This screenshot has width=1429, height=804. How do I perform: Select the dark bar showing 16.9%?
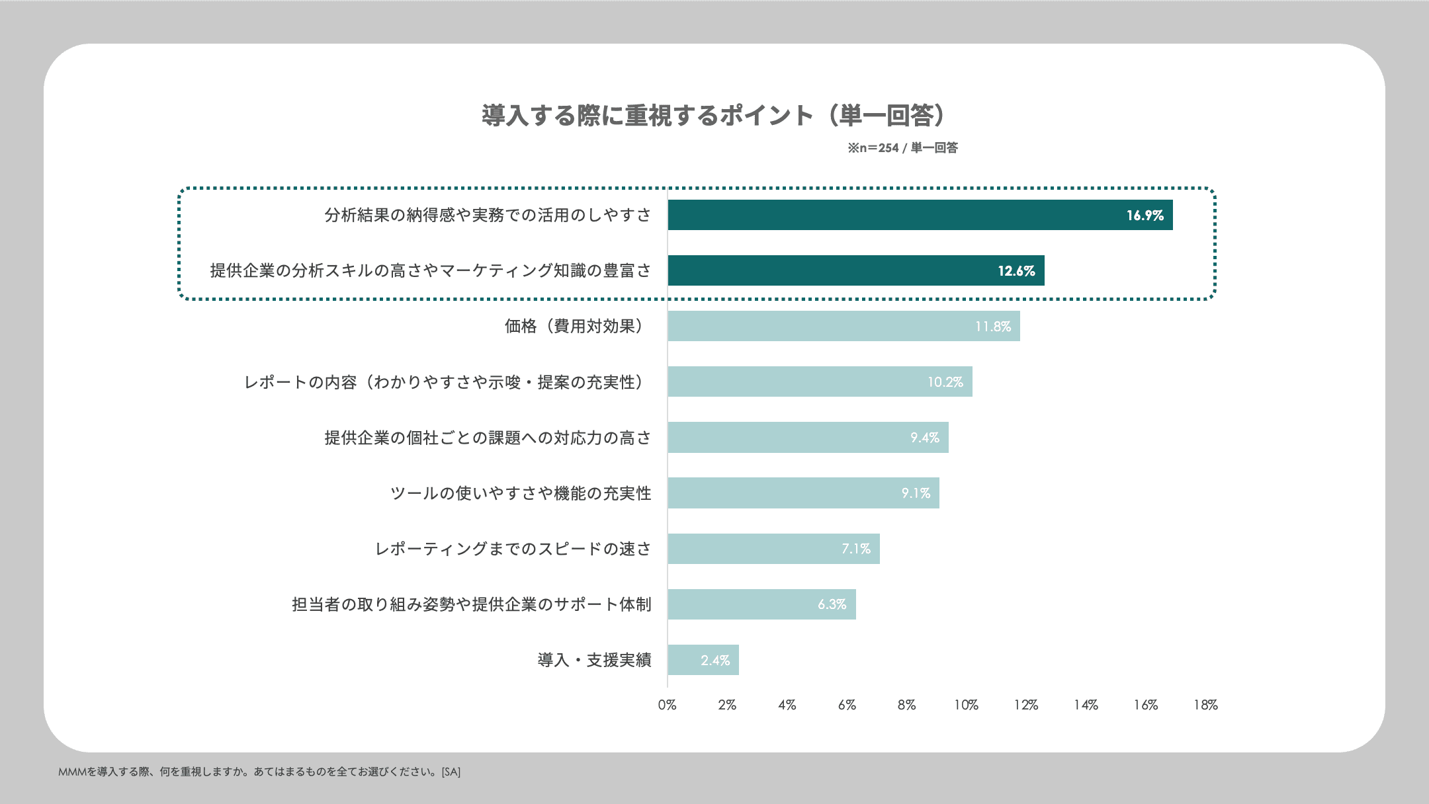pyautogui.click(x=920, y=215)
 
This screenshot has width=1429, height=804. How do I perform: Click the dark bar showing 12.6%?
pyautogui.click(x=855, y=270)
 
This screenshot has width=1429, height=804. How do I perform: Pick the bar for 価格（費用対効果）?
pyautogui.click(x=844, y=326)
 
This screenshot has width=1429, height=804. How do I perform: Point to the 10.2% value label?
pyautogui.click(x=945, y=382)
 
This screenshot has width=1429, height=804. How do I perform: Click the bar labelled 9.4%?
pyautogui.click(x=808, y=438)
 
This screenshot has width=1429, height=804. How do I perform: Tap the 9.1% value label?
pyautogui.click(x=916, y=493)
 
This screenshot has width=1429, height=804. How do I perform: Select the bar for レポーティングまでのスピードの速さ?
pyautogui.click(x=773, y=549)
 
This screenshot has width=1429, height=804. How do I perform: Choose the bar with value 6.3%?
pyautogui.click(x=761, y=604)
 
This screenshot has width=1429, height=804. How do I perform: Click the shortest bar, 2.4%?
pyautogui.click(x=703, y=660)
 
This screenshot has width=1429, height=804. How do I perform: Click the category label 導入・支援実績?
pyautogui.click(x=594, y=660)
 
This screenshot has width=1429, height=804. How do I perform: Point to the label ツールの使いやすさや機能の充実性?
pyautogui.click(x=521, y=493)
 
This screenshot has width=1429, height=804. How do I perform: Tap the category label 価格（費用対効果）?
pyautogui.click(x=574, y=326)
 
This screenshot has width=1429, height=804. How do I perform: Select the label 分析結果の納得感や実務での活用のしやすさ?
pyautogui.click(x=488, y=215)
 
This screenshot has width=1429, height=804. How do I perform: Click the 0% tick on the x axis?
pyautogui.click(x=667, y=705)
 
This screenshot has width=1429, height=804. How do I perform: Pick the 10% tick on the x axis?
pyautogui.click(x=966, y=705)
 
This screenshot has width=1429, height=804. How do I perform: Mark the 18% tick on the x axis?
pyautogui.click(x=1205, y=705)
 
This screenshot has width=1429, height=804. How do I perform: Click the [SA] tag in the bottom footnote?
pyautogui.click(x=451, y=772)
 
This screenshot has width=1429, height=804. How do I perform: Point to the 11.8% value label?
pyautogui.click(x=992, y=327)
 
